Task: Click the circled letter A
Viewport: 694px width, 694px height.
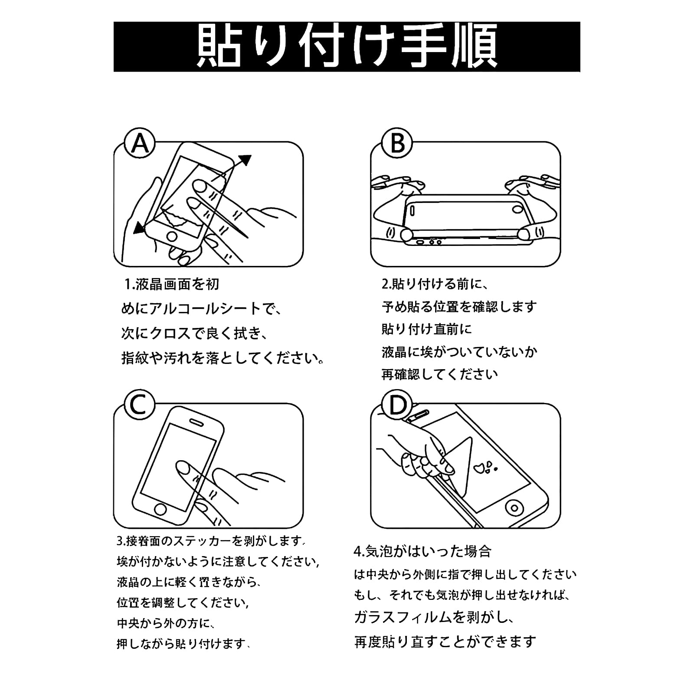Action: tap(140, 143)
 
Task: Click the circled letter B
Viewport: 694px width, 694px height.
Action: tap(397, 143)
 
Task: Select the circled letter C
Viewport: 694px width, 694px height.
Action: tap(139, 405)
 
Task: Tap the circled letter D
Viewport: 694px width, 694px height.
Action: tap(397, 405)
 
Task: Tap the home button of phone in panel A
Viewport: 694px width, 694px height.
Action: tap(172, 236)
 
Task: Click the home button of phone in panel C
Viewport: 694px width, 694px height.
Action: tap(161, 509)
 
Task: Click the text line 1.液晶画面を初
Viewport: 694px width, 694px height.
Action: tap(171, 285)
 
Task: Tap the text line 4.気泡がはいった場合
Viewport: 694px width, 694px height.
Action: tap(422, 551)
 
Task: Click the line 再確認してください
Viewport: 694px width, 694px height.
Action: tap(439, 374)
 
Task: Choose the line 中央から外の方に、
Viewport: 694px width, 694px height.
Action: tap(165, 624)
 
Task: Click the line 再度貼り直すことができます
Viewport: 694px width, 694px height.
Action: tap(445, 641)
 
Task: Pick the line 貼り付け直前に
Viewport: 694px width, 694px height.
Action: tap(426, 329)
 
